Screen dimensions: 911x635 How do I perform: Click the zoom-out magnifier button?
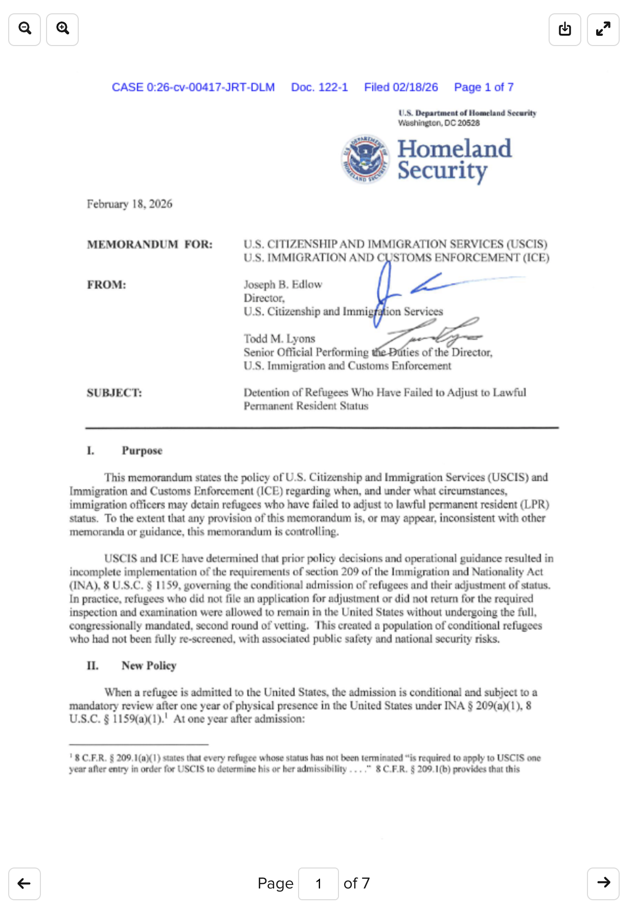coord(25,29)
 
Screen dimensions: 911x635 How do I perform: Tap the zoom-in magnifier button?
coord(62,29)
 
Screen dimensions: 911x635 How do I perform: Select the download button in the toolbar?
coord(564,29)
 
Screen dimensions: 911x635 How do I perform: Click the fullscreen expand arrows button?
coord(603,29)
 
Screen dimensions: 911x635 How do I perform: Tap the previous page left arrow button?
coord(24,883)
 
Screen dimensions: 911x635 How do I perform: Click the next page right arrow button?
coord(603,883)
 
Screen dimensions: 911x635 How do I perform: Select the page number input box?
coord(318,883)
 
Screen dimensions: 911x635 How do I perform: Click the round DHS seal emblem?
coord(365,159)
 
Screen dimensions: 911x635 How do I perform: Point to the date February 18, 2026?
coord(129,204)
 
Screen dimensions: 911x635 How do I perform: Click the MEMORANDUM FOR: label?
coord(149,244)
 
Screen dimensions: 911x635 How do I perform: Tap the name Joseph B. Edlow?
coord(283,284)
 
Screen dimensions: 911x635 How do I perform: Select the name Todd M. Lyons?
coord(279,338)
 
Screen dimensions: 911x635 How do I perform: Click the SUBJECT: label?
coord(115,393)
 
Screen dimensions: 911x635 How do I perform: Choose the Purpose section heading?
coord(142,450)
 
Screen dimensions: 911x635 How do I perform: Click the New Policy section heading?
coord(149,665)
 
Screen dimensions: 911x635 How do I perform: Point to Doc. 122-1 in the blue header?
coord(319,87)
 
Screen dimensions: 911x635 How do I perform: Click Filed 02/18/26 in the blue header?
coord(401,87)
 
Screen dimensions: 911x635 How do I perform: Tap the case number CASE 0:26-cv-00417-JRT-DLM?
coord(193,87)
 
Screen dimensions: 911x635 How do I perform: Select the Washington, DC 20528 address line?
coord(439,123)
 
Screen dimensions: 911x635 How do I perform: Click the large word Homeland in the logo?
coord(454,149)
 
